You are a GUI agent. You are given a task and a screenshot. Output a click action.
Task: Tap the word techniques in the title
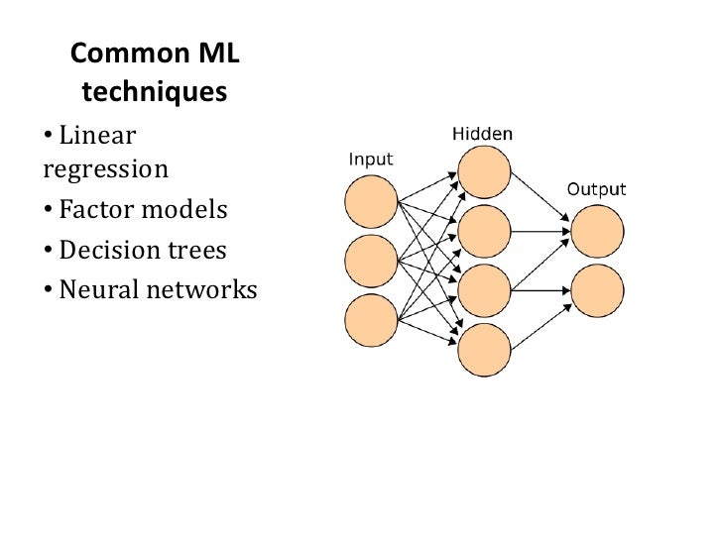(x=155, y=92)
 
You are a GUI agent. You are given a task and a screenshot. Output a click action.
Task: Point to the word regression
(x=106, y=168)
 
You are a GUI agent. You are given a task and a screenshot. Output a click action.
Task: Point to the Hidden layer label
(x=483, y=132)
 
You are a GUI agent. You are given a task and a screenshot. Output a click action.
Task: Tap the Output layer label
(x=596, y=188)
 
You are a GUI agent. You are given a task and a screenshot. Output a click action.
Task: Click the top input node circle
(x=371, y=202)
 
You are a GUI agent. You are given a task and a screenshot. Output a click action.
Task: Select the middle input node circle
(x=371, y=262)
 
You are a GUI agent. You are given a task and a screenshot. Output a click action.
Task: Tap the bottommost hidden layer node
(x=484, y=350)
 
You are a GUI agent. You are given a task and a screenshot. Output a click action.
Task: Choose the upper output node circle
(x=598, y=232)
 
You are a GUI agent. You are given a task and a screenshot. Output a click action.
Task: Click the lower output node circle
(x=598, y=290)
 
